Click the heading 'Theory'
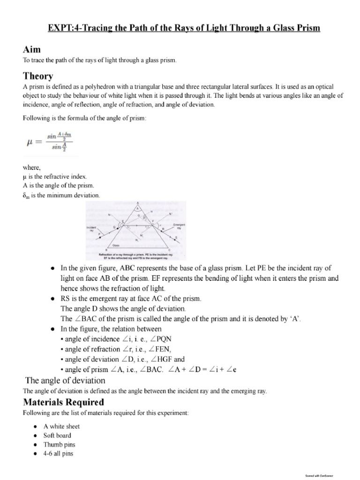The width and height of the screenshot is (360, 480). pos(38,76)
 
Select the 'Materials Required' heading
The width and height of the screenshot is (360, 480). pos(63,402)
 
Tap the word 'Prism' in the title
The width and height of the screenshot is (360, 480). pos(305,28)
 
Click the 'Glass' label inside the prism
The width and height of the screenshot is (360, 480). pos(115,245)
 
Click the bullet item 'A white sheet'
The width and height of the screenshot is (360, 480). pos(61,426)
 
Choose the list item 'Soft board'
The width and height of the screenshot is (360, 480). pos(57,435)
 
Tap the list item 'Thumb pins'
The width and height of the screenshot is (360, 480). pos(59,444)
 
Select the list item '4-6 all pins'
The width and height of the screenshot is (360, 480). pos(59,453)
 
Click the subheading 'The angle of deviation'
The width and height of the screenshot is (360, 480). pos(65,380)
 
